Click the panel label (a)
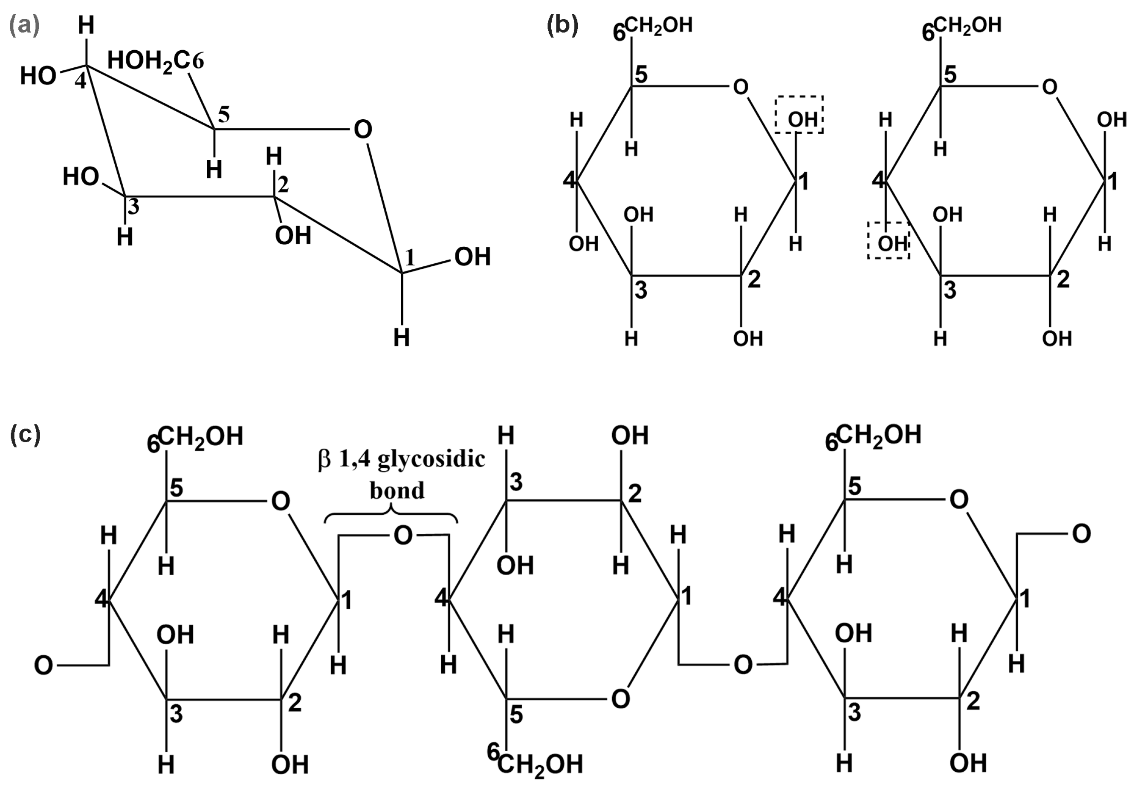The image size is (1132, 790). click(x=24, y=26)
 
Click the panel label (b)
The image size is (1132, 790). click(x=562, y=26)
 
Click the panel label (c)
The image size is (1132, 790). click(x=25, y=435)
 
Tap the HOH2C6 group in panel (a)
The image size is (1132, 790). click(x=155, y=62)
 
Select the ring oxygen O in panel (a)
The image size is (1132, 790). click(x=363, y=130)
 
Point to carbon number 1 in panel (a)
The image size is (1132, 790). click(x=409, y=257)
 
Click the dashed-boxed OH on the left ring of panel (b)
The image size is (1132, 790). click(x=799, y=119)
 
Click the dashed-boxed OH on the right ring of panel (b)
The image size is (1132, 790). click(x=889, y=243)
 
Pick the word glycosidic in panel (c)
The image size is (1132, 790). click(x=431, y=459)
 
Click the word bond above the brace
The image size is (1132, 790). click(x=397, y=490)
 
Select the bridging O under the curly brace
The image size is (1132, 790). click(x=403, y=535)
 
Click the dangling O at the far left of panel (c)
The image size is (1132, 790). click(x=43, y=665)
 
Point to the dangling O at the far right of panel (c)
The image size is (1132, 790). click(x=1081, y=534)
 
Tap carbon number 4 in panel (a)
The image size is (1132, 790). click(x=80, y=81)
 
